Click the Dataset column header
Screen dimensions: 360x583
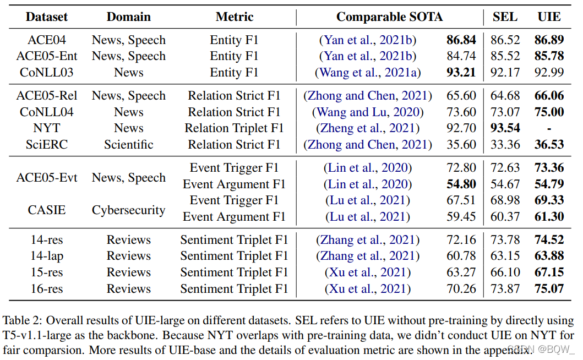pyautogui.click(x=47, y=17)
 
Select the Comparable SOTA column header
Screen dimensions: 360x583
pyautogui.click(x=389, y=17)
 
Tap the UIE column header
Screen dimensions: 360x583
pyautogui.click(x=549, y=17)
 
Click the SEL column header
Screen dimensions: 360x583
pyautogui.click(x=505, y=17)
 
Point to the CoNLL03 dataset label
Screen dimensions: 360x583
pyautogui.click(x=47, y=73)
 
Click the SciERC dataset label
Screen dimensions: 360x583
pyautogui.click(x=47, y=145)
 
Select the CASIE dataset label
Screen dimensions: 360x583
pyautogui.click(x=47, y=210)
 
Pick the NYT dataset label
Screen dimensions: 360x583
pyautogui.click(x=47, y=128)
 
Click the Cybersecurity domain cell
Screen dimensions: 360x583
pyautogui.click(x=128, y=210)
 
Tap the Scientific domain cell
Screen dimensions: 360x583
pyautogui.click(x=128, y=145)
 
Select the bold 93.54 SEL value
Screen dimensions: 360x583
pyautogui.click(x=505, y=128)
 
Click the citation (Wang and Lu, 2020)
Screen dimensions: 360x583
pyautogui.click(x=368, y=112)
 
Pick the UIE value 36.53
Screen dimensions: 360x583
pyautogui.click(x=549, y=145)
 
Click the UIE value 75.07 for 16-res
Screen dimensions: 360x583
pyautogui.click(x=549, y=288)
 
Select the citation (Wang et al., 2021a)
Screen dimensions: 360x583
pyautogui.click(x=368, y=73)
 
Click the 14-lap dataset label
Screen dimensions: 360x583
pyautogui.click(x=47, y=256)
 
